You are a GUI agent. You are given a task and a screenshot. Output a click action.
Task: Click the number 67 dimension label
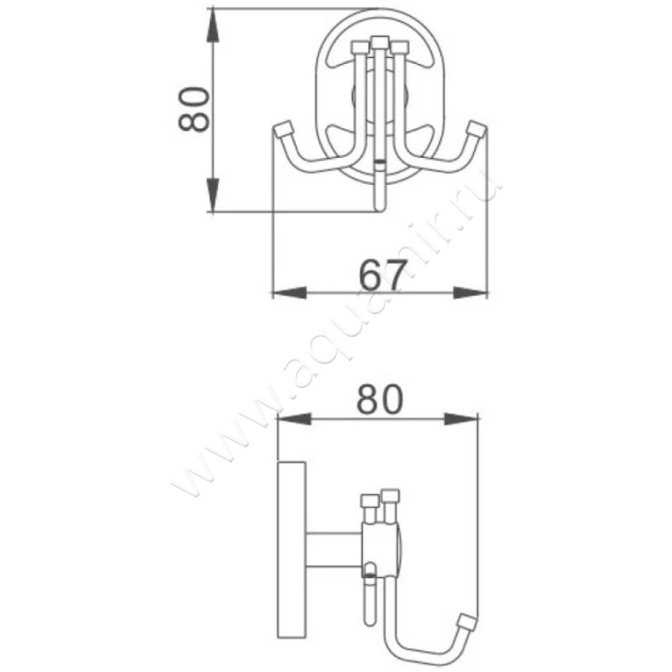point(383,272)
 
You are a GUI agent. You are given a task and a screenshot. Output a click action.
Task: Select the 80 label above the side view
point(380,400)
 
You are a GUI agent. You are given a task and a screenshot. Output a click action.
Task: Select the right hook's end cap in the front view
point(477,129)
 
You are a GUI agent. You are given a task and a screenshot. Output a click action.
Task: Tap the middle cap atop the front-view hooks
point(381,41)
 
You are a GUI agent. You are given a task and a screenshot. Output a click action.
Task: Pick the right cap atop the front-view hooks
point(400,47)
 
